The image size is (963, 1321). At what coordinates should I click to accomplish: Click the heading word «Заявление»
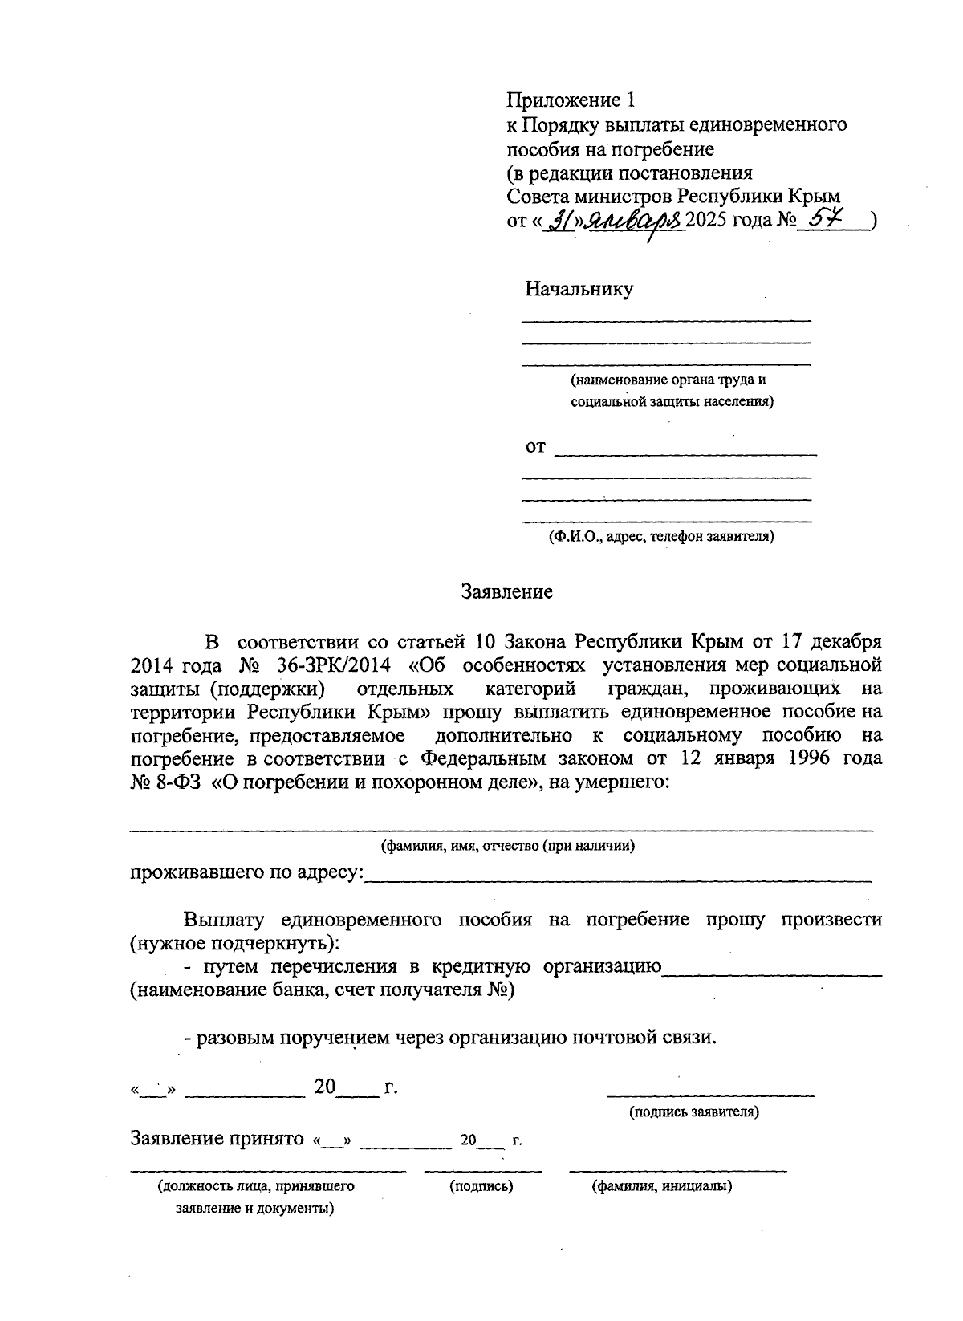pos(506,592)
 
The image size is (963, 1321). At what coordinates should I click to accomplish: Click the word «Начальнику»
pos(579,289)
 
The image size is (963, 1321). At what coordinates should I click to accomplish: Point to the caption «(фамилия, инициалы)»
pos(661,1185)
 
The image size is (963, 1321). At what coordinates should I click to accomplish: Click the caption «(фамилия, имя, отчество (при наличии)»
pos(507,845)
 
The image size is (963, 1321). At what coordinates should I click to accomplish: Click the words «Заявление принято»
pos(217,1138)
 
